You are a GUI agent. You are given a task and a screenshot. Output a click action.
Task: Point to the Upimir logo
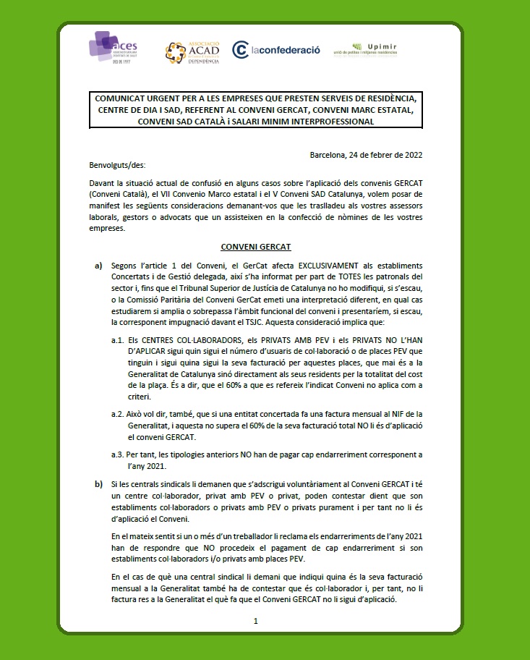366,49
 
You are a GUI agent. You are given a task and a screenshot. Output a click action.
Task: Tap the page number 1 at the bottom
256,621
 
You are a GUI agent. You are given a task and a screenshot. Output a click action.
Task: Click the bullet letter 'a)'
98,267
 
